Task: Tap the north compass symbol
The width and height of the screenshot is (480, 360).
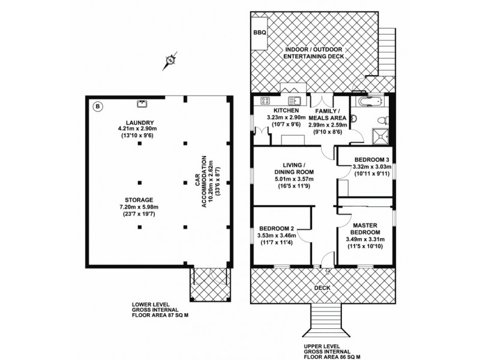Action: pyautogui.click(x=171, y=59)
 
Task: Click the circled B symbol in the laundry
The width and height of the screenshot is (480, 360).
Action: pyautogui.click(x=98, y=106)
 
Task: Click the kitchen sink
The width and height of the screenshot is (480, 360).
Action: pyautogui.click(x=294, y=101)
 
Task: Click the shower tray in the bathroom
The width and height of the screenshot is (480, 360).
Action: pyautogui.click(x=380, y=136)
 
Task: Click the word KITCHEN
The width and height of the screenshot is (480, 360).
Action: pyautogui.click(x=283, y=112)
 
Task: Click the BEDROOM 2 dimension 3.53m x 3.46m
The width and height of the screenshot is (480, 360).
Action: pyautogui.click(x=277, y=235)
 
